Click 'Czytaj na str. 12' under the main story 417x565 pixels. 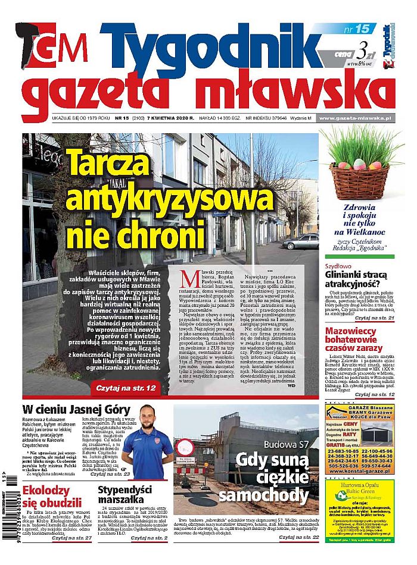coord(131,388)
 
